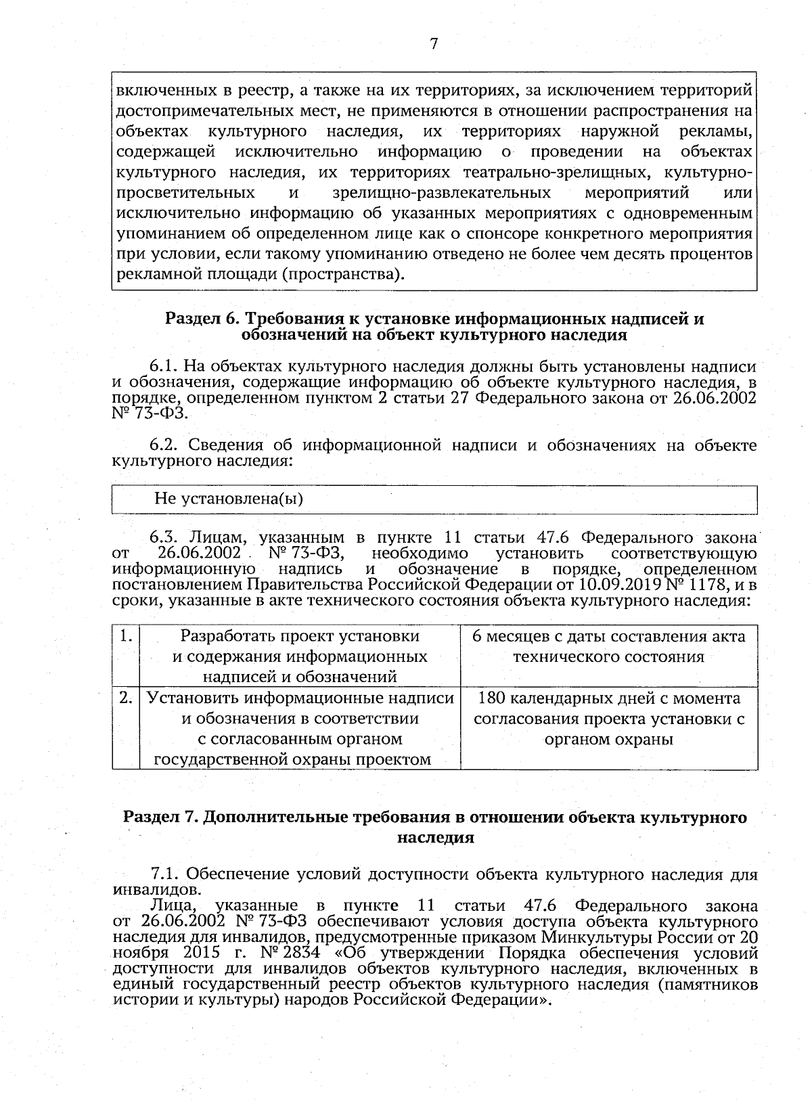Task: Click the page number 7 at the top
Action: coord(434,44)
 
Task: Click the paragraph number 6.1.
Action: coord(162,367)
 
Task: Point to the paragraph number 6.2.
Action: coord(163,445)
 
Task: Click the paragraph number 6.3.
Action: coord(163,538)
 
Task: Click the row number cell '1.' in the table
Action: coord(125,636)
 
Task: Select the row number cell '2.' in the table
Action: coord(125,697)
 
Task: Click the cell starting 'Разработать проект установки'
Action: coord(299,656)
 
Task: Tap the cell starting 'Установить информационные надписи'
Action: coord(299,728)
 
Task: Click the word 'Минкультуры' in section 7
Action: coord(589,937)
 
